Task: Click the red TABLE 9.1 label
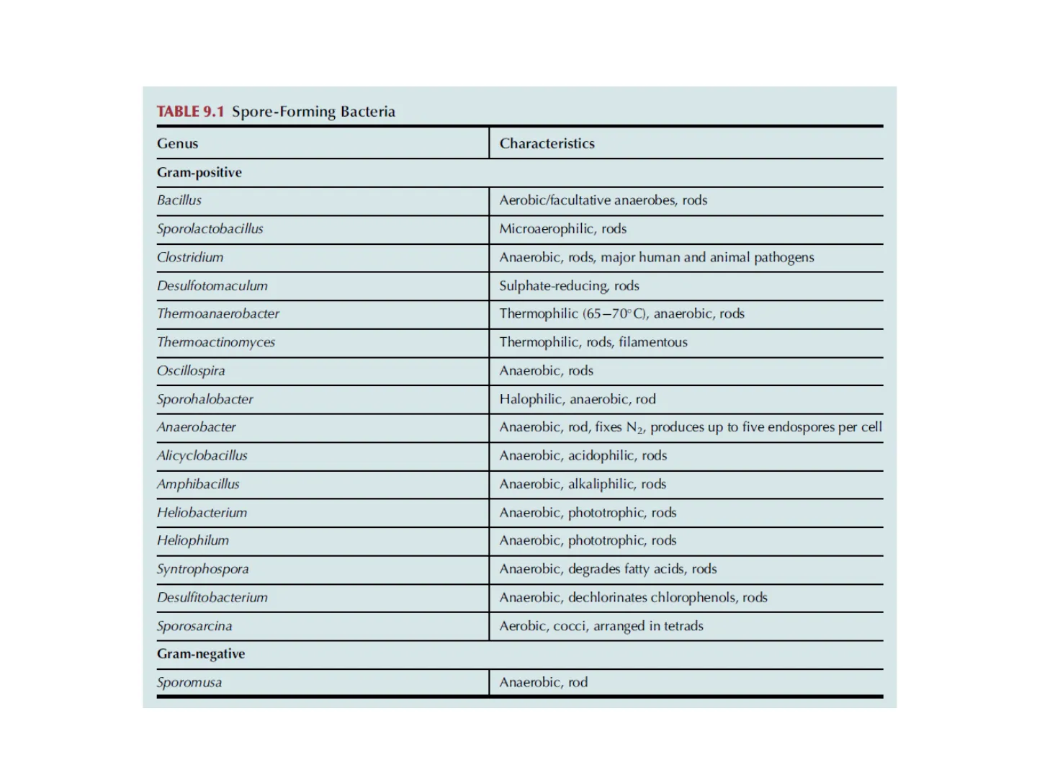point(190,112)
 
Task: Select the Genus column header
point(177,143)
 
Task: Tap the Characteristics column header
point(547,143)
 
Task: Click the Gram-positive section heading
point(199,172)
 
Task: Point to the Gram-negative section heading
point(201,653)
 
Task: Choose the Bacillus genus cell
point(179,200)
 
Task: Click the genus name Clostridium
point(190,257)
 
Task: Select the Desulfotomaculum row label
point(212,286)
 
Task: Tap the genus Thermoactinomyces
point(216,342)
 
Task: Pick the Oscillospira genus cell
point(191,371)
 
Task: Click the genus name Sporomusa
point(189,682)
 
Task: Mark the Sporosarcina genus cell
point(194,626)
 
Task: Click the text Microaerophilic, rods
point(562,229)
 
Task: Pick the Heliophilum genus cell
point(193,540)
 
